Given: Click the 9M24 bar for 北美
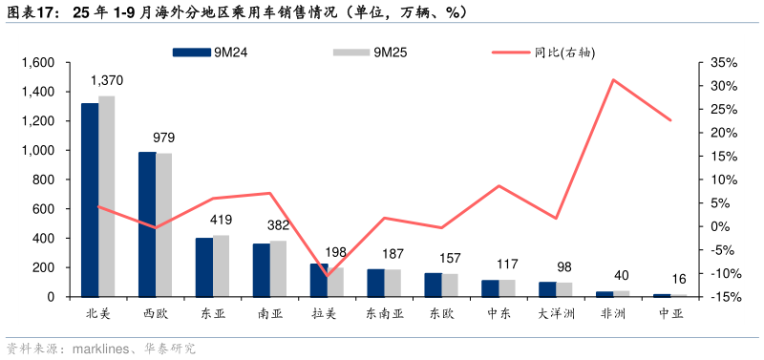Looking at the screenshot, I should [x=90, y=200].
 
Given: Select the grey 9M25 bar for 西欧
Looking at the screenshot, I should [x=164, y=224].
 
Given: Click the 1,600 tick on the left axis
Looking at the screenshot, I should [x=39, y=63].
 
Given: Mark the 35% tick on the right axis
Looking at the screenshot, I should [x=724, y=63].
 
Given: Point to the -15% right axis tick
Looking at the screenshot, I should [x=723, y=297].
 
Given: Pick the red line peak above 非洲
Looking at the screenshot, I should [x=613, y=79].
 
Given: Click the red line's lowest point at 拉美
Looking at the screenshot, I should [x=327, y=277].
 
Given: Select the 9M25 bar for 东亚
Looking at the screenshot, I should [x=222, y=265].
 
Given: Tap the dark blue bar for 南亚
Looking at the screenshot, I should [x=262, y=270].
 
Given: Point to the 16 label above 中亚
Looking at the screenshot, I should [x=678, y=279].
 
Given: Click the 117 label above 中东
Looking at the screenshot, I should [x=506, y=265].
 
